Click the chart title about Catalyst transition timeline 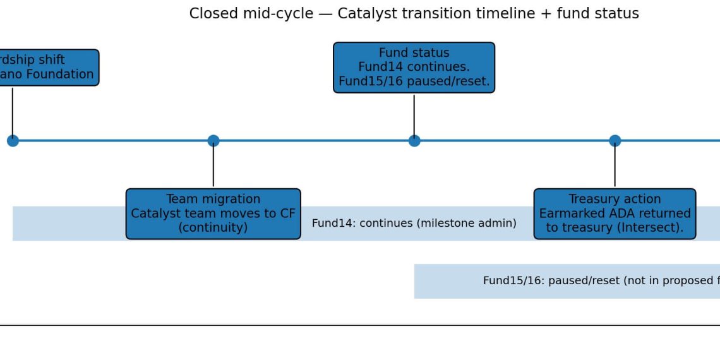tap(414, 13)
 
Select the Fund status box tap(414, 68)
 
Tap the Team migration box tap(213, 213)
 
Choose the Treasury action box tap(615, 213)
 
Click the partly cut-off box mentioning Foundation tap(48, 68)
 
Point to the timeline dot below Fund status tap(414, 141)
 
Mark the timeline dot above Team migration tap(213, 141)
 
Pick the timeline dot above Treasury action tap(615, 141)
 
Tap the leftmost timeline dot tap(13, 141)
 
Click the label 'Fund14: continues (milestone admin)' tap(414, 223)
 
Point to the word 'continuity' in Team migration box tap(213, 227)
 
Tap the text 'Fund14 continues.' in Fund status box tap(414, 67)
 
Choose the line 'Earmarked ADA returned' tap(615, 213)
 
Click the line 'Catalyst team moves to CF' tap(213, 213)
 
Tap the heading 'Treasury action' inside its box tap(615, 199)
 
